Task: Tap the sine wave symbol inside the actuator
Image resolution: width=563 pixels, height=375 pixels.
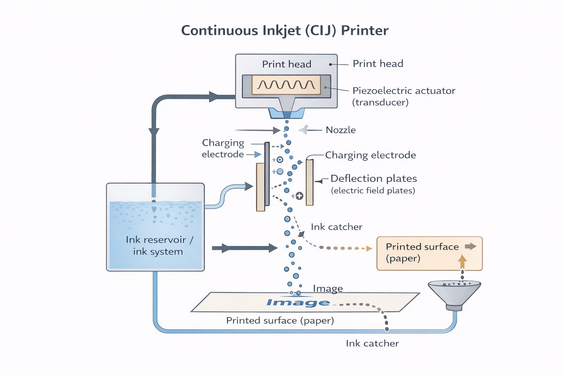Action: pyautogui.click(x=286, y=85)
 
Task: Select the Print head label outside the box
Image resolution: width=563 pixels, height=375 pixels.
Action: pyautogui.click(x=378, y=64)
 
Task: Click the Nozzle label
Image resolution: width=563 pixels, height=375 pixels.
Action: pyautogui.click(x=341, y=130)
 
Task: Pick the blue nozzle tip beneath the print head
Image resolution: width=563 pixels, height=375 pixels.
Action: pyautogui.click(x=287, y=114)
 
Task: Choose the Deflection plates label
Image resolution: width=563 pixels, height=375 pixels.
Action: pyautogui.click(x=374, y=178)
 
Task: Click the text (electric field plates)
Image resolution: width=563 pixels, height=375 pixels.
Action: pyautogui.click(x=373, y=190)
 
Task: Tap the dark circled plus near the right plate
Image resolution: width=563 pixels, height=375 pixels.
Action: pyautogui.click(x=299, y=196)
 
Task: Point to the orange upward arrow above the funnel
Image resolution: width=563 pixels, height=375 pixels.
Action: pyautogui.click(x=462, y=261)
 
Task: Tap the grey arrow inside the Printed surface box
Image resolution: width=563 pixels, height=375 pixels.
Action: pyautogui.click(x=471, y=246)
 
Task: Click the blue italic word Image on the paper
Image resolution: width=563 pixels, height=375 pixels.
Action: pyautogui.click(x=298, y=302)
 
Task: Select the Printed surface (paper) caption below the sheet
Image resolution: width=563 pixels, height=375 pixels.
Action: pyautogui.click(x=280, y=320)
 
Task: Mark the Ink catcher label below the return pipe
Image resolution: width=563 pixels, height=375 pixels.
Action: pyautogui.click(x=372, y=344)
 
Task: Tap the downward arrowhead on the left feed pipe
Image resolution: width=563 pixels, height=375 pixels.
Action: pyautogui.click(x=154, y=132)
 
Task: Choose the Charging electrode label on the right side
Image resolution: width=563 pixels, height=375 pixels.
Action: pyautogui.click(x=370, y=155)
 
